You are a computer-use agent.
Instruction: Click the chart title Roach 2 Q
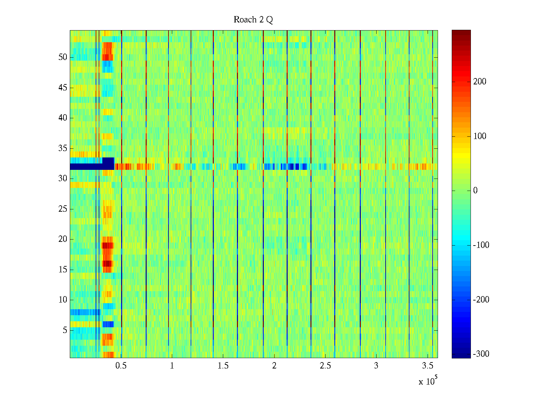pyautogui.click(x=253, y=20)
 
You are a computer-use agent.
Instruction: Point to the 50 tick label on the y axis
pyautogui.click(x=63, y=57)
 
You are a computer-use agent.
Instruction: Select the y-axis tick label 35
pyautogui.click(x=63, y=148)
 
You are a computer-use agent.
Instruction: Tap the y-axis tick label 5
pyautogui.click(x=65, y=330)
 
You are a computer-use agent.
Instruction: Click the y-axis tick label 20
pyautogui.click(x=63, y=239)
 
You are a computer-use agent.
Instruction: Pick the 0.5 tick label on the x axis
pyautogui.click(x=121, y=366)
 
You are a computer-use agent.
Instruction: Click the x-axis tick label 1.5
pyautogui.click(x=223, y=366)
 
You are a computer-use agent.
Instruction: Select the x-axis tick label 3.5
pyautogui.click(x=428, y=366)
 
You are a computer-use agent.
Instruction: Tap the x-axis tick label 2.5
pyautogui.click(x=325, y=366)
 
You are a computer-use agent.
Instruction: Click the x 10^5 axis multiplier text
pyautogui.click(x=428, y=381)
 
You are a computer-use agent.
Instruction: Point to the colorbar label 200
pyautogui.click(x=480, y=82)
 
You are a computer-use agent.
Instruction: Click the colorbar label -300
pyautogui.click(x=481, y=354)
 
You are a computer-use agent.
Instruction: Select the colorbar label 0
pyautogui.click(x=475, y=191)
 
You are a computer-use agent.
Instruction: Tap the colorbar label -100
pyautogui.click(x=481, y=245)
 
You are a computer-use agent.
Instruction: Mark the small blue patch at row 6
pyautogui.click(x=108, y=324)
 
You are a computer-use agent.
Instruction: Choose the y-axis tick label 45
pyautogui.click(x=63, y=88)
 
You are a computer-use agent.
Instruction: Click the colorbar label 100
pyautogui.click(x=480, y=136)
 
